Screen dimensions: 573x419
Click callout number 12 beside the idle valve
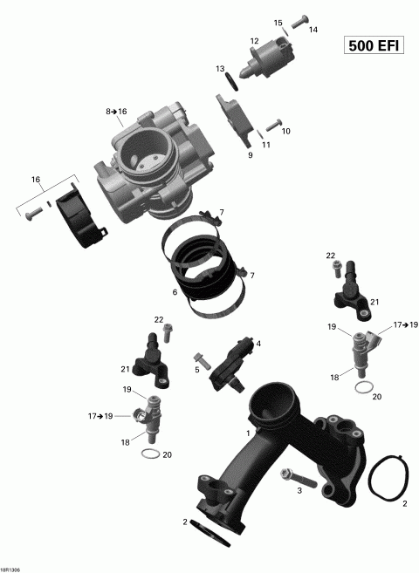pos(254,41)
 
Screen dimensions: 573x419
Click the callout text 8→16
pos(116,112)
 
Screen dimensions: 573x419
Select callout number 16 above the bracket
pos(36,179)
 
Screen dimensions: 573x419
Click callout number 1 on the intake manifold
pos(250,433)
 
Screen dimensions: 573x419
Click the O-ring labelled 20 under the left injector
pos(149,455)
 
